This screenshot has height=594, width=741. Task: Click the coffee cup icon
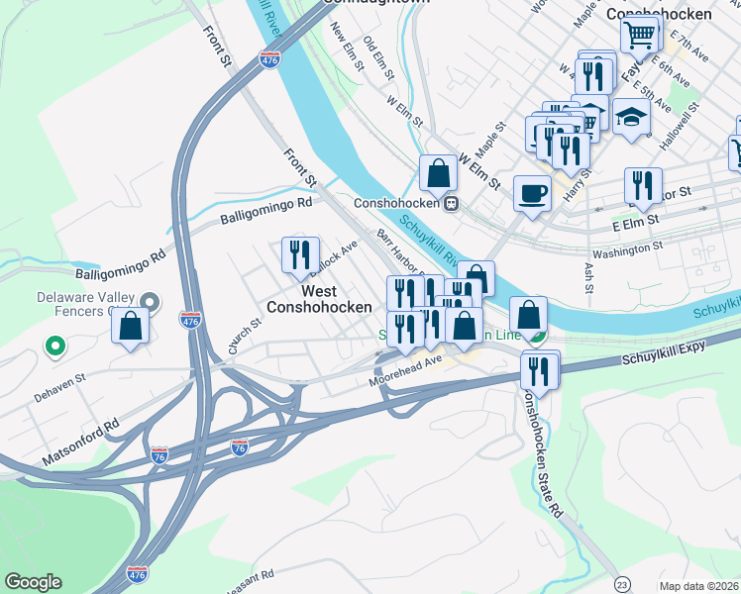(x=532, y=192)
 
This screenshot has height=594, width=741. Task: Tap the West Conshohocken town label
(x=318, y=299)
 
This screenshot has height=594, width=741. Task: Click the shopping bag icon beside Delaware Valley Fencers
(x=131, y=325)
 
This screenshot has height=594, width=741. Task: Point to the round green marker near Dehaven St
(x=55, y=346)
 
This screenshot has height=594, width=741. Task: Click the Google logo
(x=33, y=582)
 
